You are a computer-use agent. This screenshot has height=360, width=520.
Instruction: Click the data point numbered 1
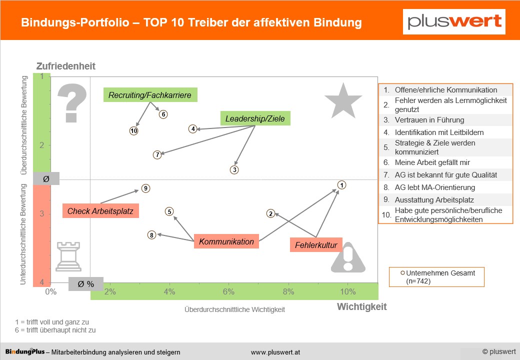[x=341, y=185]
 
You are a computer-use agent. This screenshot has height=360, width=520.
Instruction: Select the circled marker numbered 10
[x=133, y=131]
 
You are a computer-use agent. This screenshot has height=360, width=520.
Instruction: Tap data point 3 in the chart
[x=234, y=169]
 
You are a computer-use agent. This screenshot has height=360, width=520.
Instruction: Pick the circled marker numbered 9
[x=145, y=188]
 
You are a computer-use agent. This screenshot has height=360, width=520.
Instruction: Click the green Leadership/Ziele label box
[x=255, y=118]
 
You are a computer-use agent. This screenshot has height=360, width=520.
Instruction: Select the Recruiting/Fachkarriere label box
[x=150, y=95]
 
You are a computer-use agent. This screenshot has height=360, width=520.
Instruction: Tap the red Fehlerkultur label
[x=316, y=245]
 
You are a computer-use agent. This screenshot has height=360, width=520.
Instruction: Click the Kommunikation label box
[x=226, y=241]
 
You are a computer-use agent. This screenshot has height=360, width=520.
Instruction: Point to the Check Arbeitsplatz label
[x=100, y=211]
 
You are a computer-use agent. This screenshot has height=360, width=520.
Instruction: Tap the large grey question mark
[x=72, y=103]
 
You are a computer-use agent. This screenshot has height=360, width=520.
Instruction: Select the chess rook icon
[x=68, y=256]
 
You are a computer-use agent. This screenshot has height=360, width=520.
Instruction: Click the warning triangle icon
[x=348, y=258]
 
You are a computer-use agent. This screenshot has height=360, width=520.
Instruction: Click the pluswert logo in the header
[x=454, y=21]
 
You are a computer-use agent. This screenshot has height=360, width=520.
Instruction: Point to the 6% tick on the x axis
[x=228, y=291]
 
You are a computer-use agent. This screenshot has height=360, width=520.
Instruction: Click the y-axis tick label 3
[x=42, y=213]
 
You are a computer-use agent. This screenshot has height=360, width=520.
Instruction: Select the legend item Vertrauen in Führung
[x=429, y=120]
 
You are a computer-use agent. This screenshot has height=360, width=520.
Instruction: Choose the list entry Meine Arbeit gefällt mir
[x=432, y=162]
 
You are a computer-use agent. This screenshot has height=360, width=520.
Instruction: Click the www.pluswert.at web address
[x=275, y=352]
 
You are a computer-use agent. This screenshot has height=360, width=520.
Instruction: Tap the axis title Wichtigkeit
[x=362, y=306]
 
